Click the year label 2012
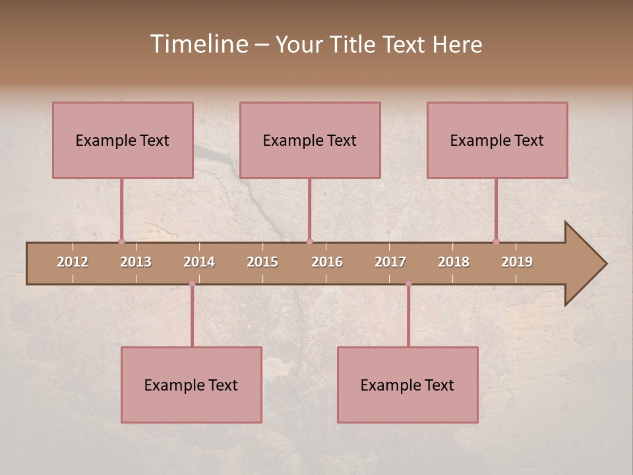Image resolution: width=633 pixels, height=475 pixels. click(73, 262)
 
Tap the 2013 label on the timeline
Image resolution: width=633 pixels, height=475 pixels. click(136, 262)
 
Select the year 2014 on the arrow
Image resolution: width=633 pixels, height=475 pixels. click(199, 262)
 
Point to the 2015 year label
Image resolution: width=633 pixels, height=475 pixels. click(262, 262)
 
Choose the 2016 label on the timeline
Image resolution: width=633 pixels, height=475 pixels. click(327, 262)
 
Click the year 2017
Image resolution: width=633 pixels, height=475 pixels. click(390, 262)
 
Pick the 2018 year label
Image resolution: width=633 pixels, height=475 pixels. click(454, 262)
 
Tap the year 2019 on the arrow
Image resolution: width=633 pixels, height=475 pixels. click(517, 262)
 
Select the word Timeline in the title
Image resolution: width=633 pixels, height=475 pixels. click(198, 44)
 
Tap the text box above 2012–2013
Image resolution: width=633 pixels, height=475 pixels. click(123, 140)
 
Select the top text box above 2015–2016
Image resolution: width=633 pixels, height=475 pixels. click(310, 140)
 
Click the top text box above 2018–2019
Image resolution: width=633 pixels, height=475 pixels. click(497, 140)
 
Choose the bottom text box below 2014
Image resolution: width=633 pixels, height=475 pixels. click(191, 385)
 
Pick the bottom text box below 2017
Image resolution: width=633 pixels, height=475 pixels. click(407, 385)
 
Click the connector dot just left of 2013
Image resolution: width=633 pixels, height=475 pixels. click(121, 241)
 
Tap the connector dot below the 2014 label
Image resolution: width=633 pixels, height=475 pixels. click(192, 284)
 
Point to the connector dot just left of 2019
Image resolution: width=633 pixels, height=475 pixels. click(496, 241)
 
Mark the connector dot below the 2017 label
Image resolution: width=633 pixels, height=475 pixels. click(408, 284)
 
